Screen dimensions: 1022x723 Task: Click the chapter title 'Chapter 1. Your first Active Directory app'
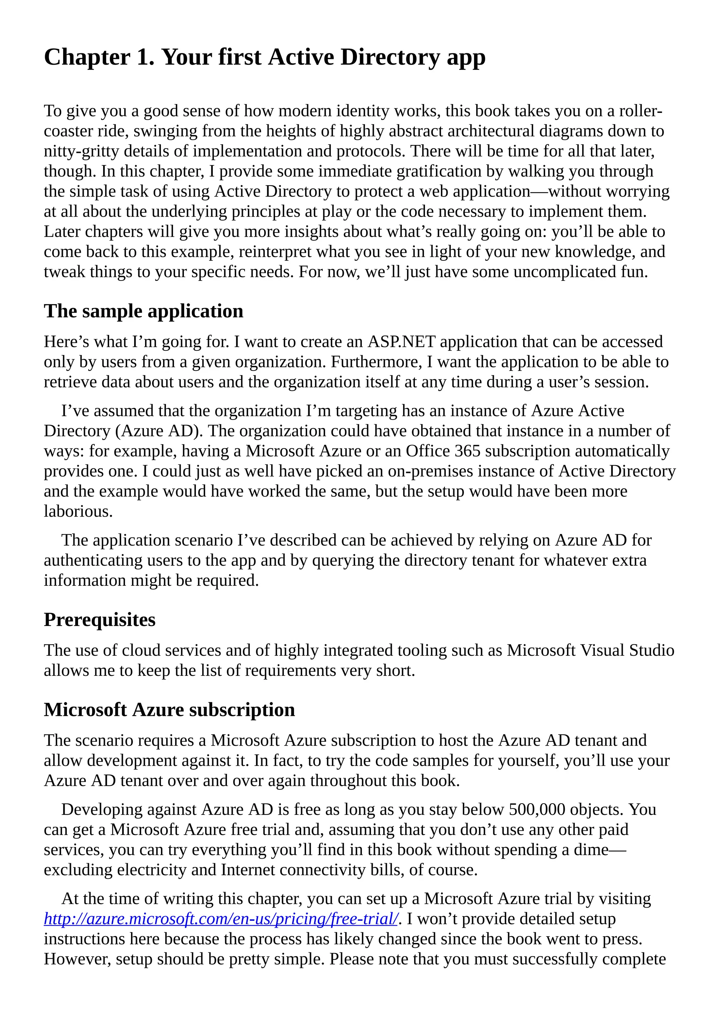tap(264, 58)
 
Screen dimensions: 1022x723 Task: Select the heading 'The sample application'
tap(143, 311)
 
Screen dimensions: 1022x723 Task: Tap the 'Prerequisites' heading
tap(99, 620)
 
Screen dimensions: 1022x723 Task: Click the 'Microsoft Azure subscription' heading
tap(169, 710)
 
